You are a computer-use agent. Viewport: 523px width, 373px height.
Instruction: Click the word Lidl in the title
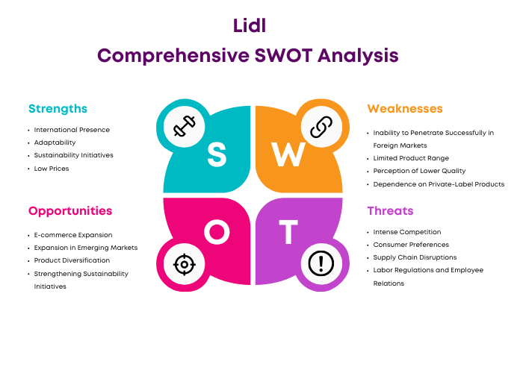click(250, 25)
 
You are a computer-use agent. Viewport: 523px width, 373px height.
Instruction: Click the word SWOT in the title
click(283, 55)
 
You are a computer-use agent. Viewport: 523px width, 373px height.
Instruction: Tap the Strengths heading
click(58, 109)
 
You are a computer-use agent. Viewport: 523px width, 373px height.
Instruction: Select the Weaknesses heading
click(405, 109)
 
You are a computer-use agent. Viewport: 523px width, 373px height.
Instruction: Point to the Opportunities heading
click(70, 211)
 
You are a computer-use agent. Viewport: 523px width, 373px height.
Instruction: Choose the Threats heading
click(390, 211)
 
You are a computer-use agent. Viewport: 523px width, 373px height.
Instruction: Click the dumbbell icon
click(184, 126)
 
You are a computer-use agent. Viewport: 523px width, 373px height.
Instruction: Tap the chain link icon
click(321, 127)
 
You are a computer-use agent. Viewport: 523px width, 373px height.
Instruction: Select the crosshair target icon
click(185, 264)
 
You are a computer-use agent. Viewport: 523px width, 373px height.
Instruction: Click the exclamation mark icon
click(321, 263)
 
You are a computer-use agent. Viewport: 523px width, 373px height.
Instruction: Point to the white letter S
click(217, 154)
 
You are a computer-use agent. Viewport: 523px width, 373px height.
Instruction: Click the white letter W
click(288, 154)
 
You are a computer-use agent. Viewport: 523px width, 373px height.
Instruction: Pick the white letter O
click(217, 231)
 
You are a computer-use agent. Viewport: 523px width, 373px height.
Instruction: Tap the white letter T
click(288, 231)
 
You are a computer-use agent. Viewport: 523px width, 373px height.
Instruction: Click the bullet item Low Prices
click(52, 169)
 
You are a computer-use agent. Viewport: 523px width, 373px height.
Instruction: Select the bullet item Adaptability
click(55, 142)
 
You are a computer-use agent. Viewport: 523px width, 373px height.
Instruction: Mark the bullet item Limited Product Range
click(411, 158)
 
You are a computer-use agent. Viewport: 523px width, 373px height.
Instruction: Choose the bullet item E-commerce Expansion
click(73, 235)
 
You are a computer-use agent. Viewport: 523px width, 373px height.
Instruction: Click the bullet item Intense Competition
click(407, 232)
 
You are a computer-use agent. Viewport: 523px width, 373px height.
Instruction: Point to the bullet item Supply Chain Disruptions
click(415, 257)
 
